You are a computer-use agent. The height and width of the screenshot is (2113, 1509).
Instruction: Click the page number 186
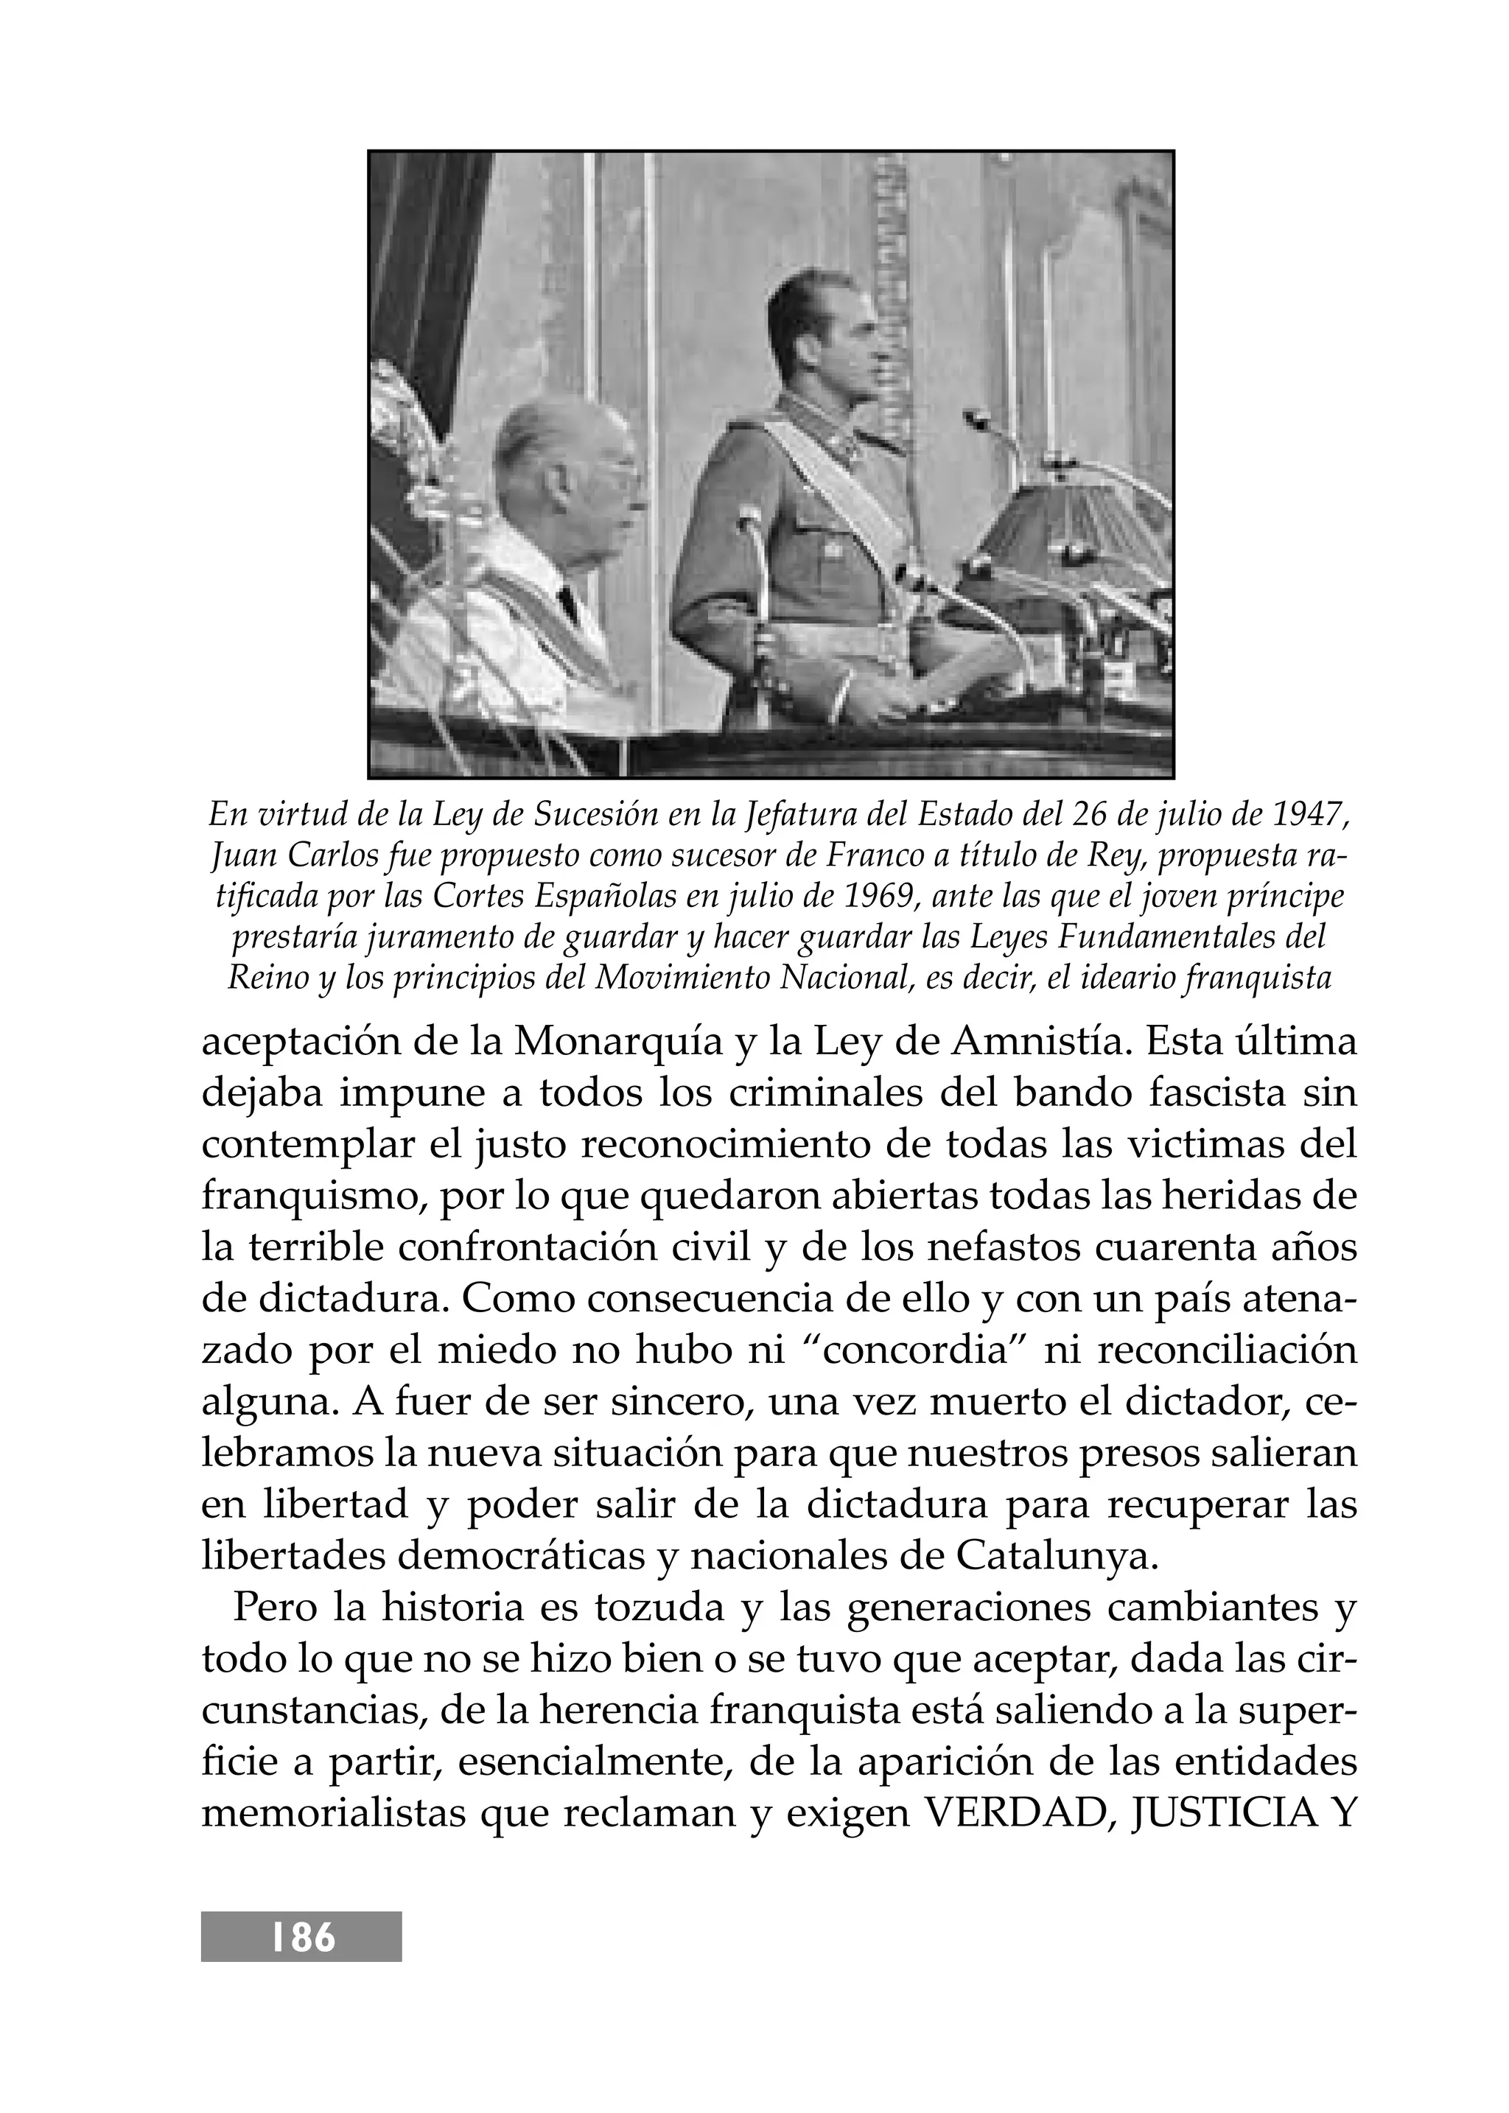(x=303, y=1938)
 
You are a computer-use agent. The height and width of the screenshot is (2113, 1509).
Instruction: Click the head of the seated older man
(x=567, y=474)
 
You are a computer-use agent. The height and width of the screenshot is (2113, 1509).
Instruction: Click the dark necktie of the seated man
(x=569, y=605)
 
